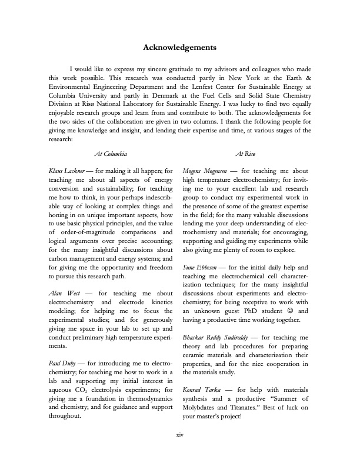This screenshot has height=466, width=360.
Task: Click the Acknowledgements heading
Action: [180, 46]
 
